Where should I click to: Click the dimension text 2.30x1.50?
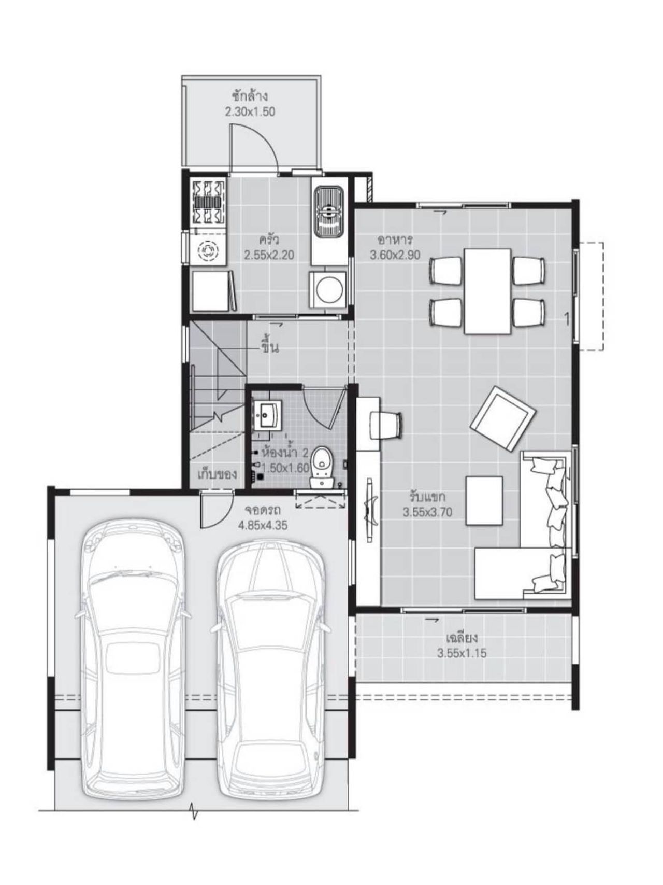coord(250,111)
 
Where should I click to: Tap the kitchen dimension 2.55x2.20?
coord(269,255)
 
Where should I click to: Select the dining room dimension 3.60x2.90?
coord(395,255)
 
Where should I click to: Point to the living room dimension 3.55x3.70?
coord(428,512)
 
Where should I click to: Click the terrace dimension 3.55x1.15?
coord(462,653)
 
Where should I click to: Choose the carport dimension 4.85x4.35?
coord(263,525)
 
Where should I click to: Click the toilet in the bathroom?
coord(322,466)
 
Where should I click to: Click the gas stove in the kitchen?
coord(209,202)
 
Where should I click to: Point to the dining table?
coord(487,291)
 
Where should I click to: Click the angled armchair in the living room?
coord(501,418)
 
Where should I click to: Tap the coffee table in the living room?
coord(484,501)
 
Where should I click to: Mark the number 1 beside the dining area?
coord(567,319)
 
